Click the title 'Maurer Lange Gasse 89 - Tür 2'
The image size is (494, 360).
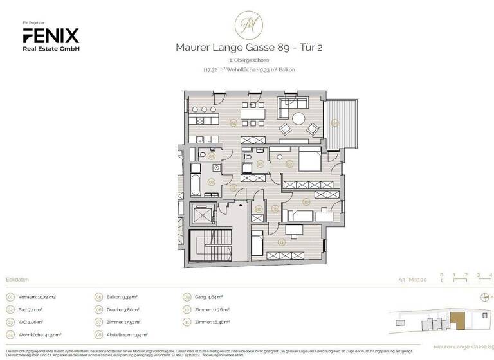[246, 46]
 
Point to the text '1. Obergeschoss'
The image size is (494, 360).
[246, 60]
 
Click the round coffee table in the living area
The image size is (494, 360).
[300, 118]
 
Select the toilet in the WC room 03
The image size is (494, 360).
[203, 156]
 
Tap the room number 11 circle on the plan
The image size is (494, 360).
[281, 242]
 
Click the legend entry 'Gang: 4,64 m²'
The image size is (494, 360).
[210, 297]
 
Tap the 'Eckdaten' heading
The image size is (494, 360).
[16, 280]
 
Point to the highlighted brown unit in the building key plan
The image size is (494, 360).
[458, 319]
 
